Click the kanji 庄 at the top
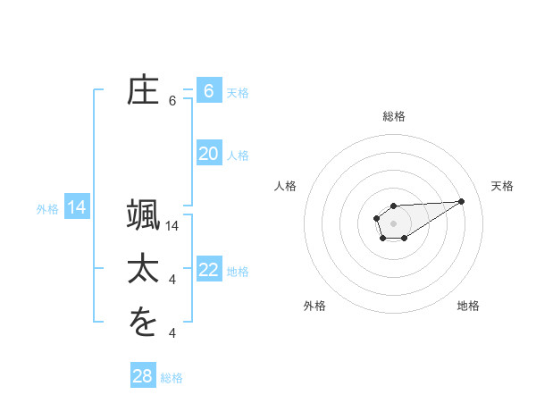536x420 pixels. pos(143,91)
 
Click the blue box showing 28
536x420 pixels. pos(143,376)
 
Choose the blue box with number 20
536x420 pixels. pos(209,154)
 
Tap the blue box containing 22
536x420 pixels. pos(209,270)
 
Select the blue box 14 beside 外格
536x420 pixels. pos(77,208)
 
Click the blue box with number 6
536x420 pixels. pos(209,91)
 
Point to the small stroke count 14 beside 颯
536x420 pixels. pos(173,226)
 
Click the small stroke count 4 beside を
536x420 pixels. pos(172,333)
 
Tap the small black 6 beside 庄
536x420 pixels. pos(172,101)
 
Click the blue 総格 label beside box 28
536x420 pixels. pos(172,378)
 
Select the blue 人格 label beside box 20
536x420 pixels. pos(238,155)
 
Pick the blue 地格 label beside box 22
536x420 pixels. pos(238,272)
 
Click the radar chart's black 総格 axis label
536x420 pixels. pos(394,116)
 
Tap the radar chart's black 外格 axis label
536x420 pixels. pos(314,306)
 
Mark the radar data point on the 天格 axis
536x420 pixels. pos(462,200)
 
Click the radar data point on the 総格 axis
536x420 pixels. pos(394,206)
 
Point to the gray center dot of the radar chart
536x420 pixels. pos(394,223)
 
